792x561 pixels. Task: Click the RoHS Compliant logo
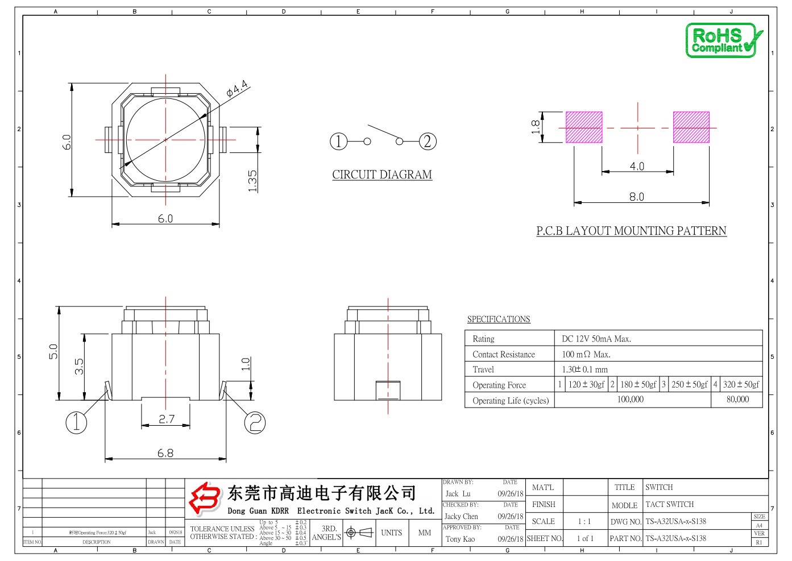[x=723, y=40]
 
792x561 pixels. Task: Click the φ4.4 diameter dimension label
[x=237, y=89]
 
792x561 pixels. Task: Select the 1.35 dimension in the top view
[x=253, y=181]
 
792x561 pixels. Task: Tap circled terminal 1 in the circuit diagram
[x=338, y=141]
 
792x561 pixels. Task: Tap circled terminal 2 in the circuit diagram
[x=428, y=141]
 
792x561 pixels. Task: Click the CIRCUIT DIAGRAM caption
[x=382, y=174]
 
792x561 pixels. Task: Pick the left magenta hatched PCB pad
[x=584, y=127]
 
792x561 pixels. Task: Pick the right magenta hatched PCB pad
[x=691, y=127]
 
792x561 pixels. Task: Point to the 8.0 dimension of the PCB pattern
[x=636, y=197]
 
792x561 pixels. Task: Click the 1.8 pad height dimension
[x=536, y=127]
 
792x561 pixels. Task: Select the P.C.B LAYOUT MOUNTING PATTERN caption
[x=631, y=231]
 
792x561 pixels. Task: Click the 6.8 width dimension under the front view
[x=165, y=453]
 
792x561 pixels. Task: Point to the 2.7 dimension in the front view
[x=167, y=419]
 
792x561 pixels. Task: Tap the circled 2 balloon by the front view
[x=255, y=422]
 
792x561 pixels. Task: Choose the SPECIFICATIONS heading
[x=499, y=319]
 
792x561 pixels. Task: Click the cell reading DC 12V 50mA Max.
[x=596, y=339]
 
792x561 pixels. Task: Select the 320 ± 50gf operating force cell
[x=741, y=385]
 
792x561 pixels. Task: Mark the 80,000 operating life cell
[x=737, y=400]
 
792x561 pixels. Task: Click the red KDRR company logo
[x=205, y=498]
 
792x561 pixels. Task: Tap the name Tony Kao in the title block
[x=460, y=539]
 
